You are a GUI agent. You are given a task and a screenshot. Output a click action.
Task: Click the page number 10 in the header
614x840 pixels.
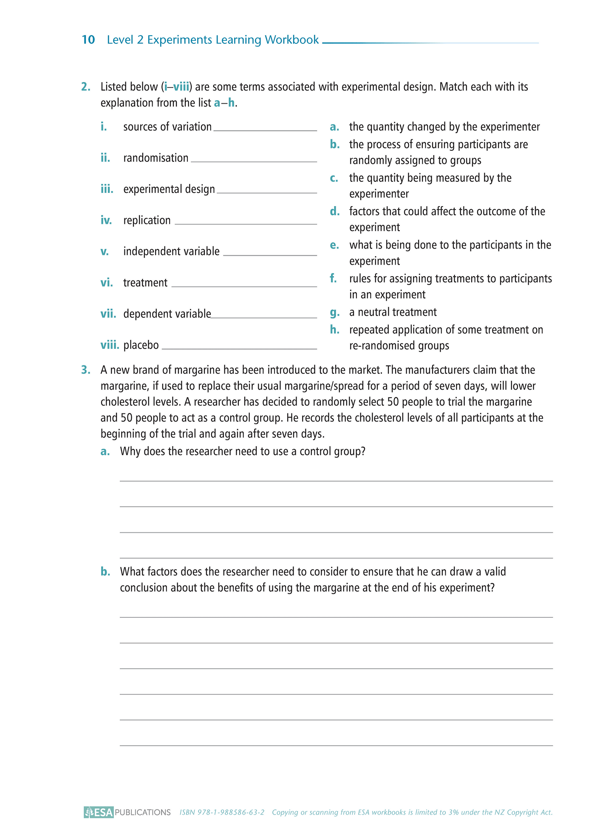[88, 40]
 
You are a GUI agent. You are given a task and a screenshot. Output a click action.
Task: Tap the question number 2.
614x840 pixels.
[85, 87]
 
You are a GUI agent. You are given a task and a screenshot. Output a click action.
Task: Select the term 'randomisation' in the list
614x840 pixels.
[156, 158]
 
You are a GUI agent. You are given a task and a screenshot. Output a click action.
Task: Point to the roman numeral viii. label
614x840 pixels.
[110, 345]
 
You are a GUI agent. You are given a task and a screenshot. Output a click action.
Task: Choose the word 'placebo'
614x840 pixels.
[141, 345]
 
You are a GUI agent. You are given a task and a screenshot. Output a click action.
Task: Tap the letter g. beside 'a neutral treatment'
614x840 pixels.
[334, 313]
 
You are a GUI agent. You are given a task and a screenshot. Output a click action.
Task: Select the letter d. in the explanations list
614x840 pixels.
[334, 212]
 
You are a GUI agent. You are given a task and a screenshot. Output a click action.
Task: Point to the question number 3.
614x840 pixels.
[85, 370]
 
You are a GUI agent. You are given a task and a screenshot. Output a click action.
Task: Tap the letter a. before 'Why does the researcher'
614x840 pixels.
[105, 451]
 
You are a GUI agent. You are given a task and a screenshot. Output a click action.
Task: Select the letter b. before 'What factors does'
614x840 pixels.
[105, 572]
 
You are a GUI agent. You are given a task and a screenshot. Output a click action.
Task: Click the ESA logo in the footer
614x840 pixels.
[99, 812]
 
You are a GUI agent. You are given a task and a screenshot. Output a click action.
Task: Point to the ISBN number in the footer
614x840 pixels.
[222, 812]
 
